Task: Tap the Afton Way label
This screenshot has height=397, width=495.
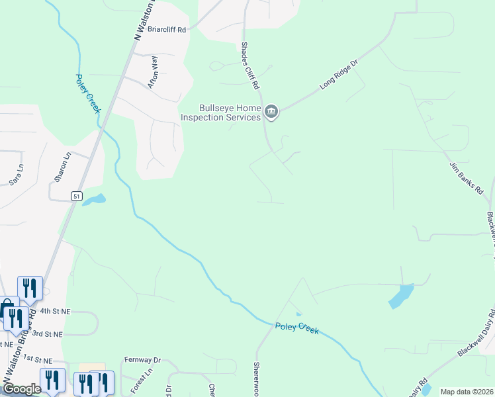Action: click(154, 71)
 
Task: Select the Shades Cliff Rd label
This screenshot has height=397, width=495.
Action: click(249, 66)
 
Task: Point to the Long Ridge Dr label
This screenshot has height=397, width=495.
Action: click(339, 74)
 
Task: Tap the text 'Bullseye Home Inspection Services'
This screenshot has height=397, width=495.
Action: click(221, 112)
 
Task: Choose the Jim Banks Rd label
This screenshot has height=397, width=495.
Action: click(467, 177)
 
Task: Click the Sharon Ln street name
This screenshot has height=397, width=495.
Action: click(62, 168)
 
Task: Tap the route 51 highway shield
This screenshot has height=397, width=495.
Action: click(77, 197)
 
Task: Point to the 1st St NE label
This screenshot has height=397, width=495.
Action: click(37, 359)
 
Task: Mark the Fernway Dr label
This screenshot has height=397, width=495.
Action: click(142, 360)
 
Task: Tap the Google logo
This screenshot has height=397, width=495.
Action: click(22, 389)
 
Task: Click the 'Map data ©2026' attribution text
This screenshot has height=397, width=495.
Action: click(467, 392)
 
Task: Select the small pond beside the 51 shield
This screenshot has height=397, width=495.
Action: click(94, 199)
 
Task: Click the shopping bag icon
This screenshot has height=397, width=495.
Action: click(7, 308)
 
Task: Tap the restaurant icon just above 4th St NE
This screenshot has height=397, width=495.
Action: click(30, 287)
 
